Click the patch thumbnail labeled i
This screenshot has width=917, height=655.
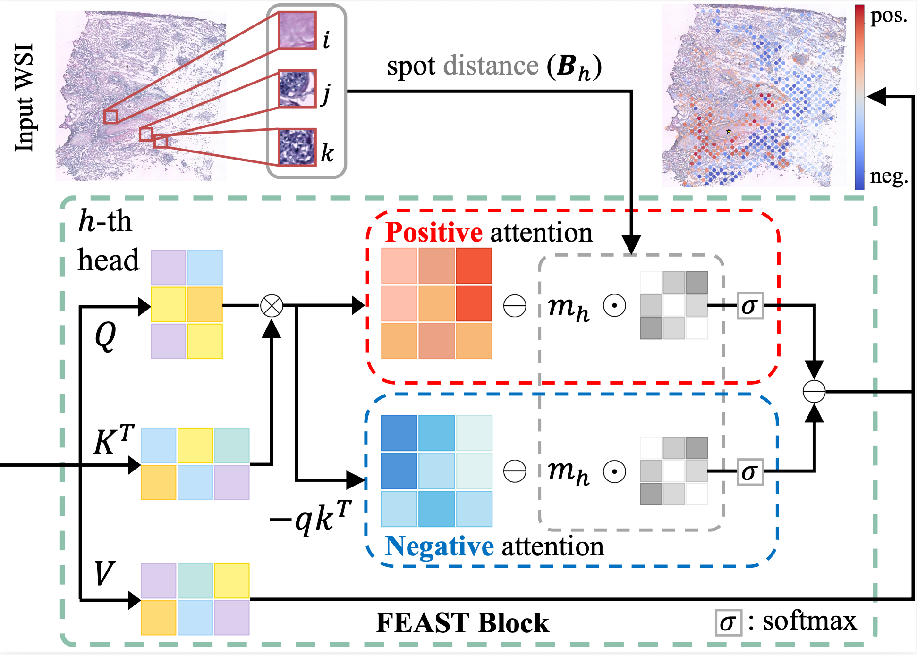[x=297, y=30]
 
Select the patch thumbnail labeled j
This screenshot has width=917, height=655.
[x=297, y=89]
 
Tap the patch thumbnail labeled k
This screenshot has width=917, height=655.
[x=297, y=147]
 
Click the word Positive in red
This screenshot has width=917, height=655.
[x=433, y=232]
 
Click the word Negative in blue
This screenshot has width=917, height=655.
[x=439, y=546]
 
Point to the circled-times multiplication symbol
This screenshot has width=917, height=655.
[x=272, y=306]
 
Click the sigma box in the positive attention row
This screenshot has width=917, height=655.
[x=750, y=306]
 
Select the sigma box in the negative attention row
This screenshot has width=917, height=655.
[x=750, y=471]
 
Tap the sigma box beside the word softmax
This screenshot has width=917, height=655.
[x=728, y=622]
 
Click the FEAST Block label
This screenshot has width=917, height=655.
[x=462, y=622]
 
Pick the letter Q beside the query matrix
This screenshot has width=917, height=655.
[x=105, y=336]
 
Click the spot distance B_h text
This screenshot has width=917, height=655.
[x=494, y=67]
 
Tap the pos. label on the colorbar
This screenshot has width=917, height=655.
[x=888, y=16]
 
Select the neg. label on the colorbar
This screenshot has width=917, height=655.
[x=888, y=176]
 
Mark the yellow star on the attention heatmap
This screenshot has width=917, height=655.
[x=729, y=131]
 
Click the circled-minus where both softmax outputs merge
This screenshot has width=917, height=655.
[x=814, y=391]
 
